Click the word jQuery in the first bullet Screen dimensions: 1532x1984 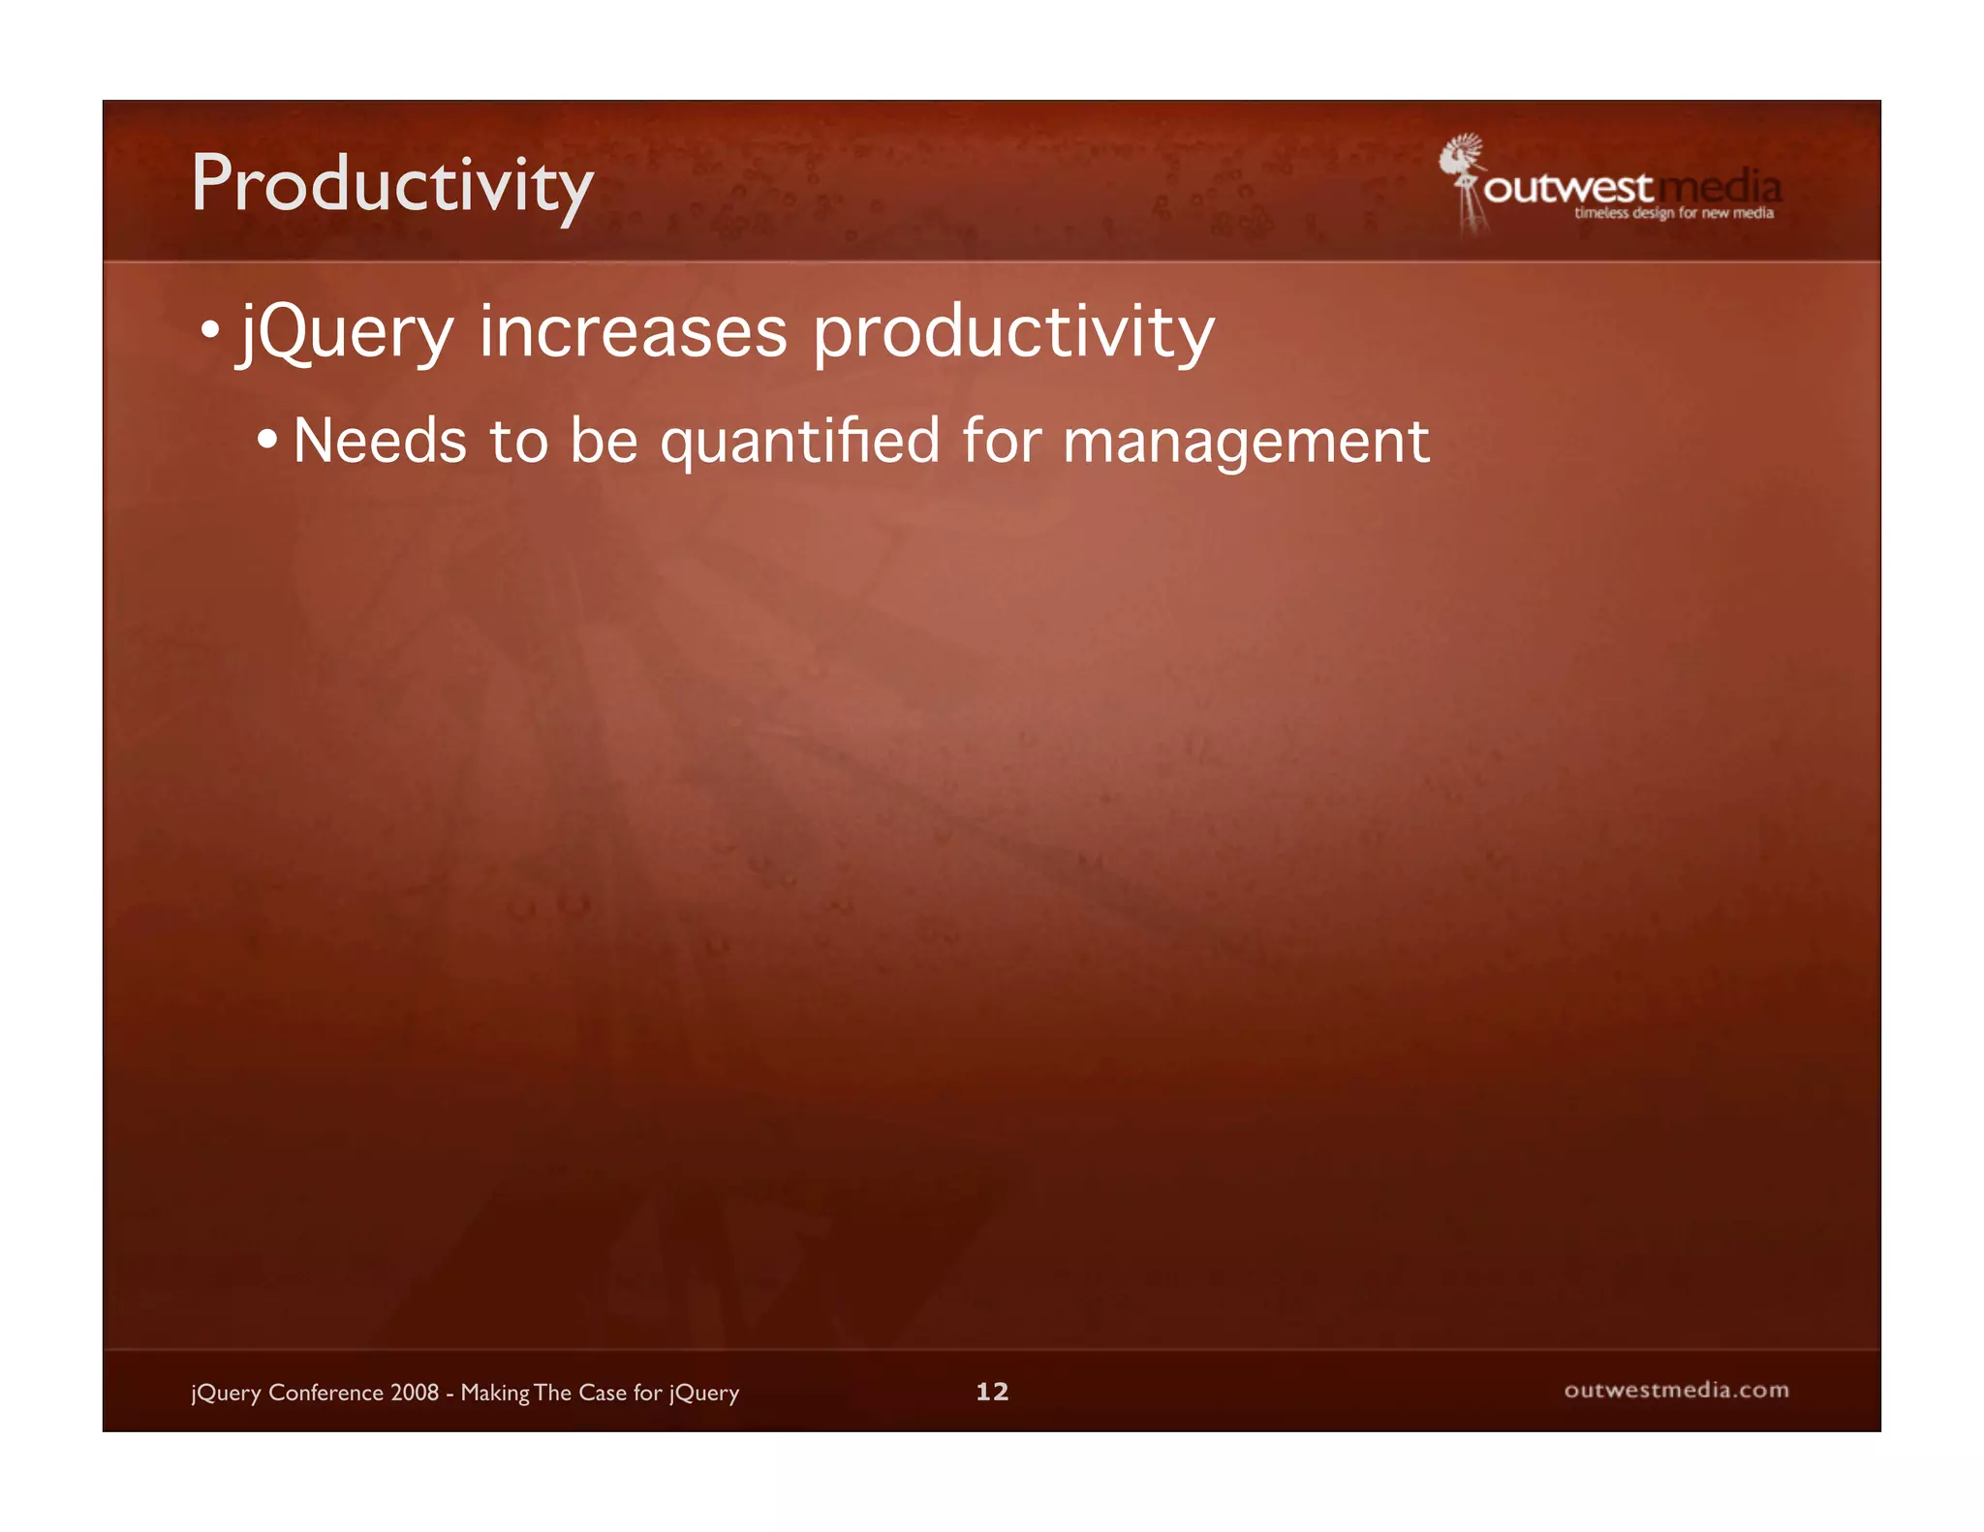point(347,332)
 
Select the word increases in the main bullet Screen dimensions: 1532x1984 point(634,332)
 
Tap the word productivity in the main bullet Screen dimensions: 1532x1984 point(1012,332)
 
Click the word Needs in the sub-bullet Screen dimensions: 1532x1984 point(380,441)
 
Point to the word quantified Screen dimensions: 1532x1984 point(799,441)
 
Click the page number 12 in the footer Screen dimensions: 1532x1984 point(992,1392)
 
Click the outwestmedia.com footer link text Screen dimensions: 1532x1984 point(1676,1390)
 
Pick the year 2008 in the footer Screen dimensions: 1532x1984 point(415,1393)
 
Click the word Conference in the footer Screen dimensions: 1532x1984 point(325,1393)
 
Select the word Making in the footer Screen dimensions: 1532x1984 point(494,1393)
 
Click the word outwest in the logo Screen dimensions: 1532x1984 point(1567,188)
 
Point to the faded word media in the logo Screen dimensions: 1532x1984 point(1720,186)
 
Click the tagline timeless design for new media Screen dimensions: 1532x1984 point(1673,213)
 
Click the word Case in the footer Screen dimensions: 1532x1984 point(602,1393)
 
